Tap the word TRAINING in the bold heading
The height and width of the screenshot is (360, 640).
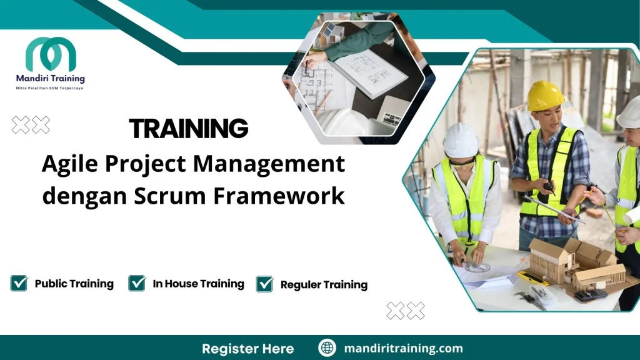tap(189, 129)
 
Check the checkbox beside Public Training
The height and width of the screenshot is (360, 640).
tap(19, 283)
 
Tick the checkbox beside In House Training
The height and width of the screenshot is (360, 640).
tap(137, 283)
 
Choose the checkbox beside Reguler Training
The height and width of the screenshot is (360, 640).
tap(265, 284)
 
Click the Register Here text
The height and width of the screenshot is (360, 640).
tap(247, 348)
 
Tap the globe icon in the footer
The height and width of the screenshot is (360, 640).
tap(327, 348)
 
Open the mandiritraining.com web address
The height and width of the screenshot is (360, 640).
tap(404, 348)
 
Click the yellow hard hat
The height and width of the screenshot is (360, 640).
tap(546, 96)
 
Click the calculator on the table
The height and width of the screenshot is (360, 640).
tap(591, 294)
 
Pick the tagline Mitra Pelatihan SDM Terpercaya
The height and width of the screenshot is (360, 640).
tap(50, 88)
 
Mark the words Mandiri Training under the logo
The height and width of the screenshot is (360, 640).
tap(50, 79)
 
